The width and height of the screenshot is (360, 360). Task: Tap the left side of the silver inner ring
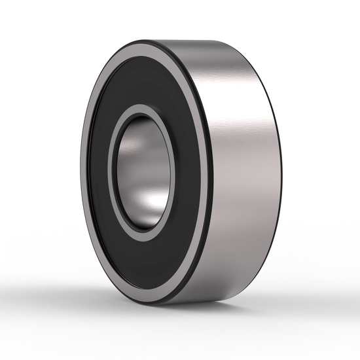pyautogui.click(x=112, y=171)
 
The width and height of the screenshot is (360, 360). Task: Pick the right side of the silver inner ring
pyautogui.click(x=173, y=171)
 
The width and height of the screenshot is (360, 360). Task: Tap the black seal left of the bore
pyautogui.click(x=98, y=171)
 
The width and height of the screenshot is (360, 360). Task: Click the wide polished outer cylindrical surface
pyautogui.click(x=242, y=170)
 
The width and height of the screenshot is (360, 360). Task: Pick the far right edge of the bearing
pyautogui.click(x=281, y=171)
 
